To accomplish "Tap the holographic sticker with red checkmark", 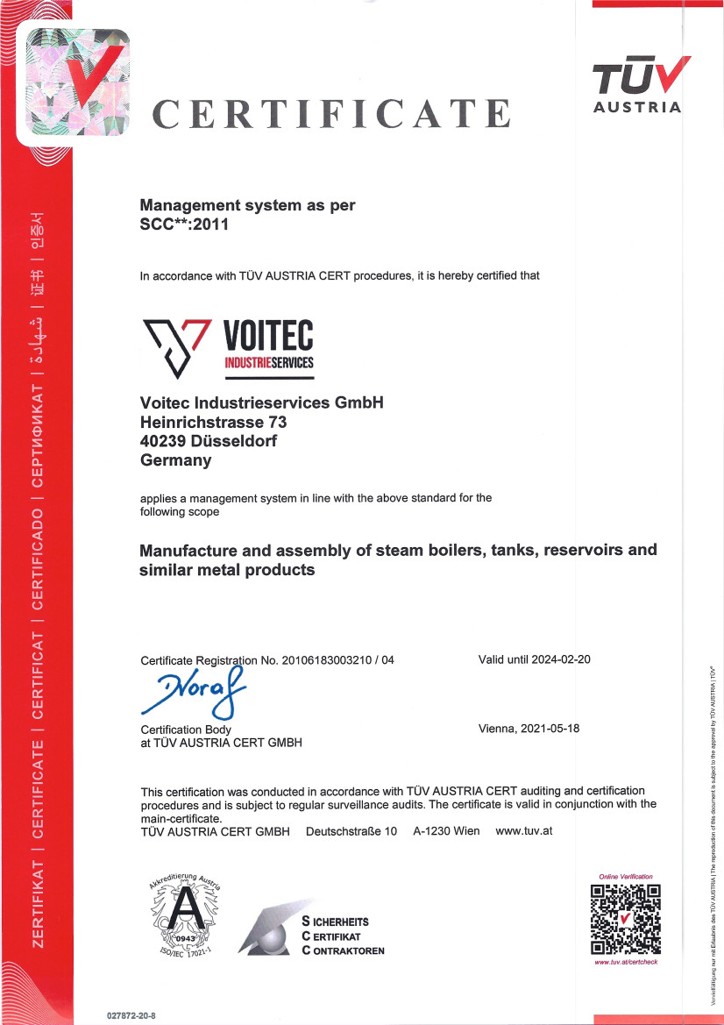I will (75, 83).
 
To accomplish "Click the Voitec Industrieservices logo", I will (227, 347).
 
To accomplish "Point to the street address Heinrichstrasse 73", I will (213, 422).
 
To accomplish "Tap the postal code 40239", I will (161, 441).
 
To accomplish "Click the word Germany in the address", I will (175, 460).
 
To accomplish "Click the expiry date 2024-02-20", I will (562, 659).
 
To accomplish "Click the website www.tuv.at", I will (523, 830).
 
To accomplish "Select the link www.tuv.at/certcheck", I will (626, 962).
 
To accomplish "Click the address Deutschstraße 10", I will (351, 830).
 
